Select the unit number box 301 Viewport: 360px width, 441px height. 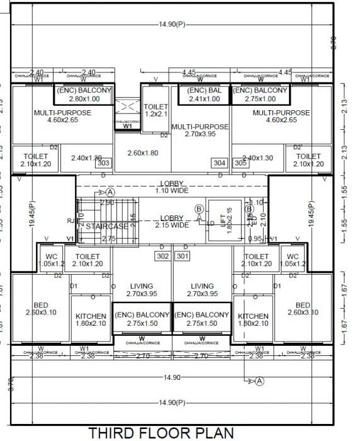coord(183,256)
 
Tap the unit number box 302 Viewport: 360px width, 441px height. coord(162,256)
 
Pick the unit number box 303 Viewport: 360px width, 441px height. coord(104,163)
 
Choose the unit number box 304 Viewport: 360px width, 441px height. coord(219,163)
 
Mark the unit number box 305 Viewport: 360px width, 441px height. coord(240,163)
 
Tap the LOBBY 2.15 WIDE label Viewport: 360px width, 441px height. coord(172,220)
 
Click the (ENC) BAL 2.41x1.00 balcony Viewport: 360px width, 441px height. coord(205,94)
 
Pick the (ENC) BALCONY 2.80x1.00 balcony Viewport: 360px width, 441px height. coord(84,94)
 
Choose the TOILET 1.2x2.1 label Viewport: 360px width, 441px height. coord(156,111)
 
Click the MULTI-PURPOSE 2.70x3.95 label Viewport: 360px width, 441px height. coord(200,130)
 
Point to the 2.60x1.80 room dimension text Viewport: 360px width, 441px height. coord(143,153)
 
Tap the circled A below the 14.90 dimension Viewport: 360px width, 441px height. coord(261,381)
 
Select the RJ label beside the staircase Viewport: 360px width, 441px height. coord(70,220)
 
